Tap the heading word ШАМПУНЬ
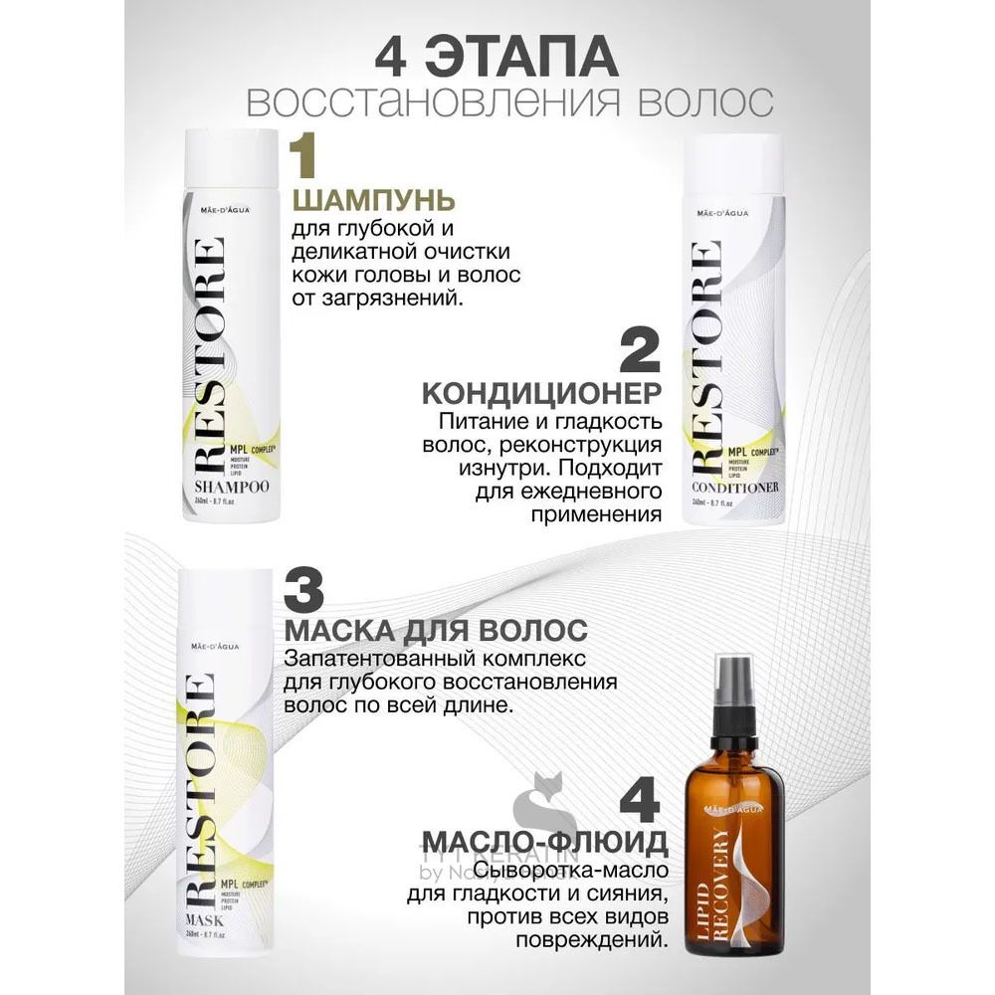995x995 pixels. tap(373, 200)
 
